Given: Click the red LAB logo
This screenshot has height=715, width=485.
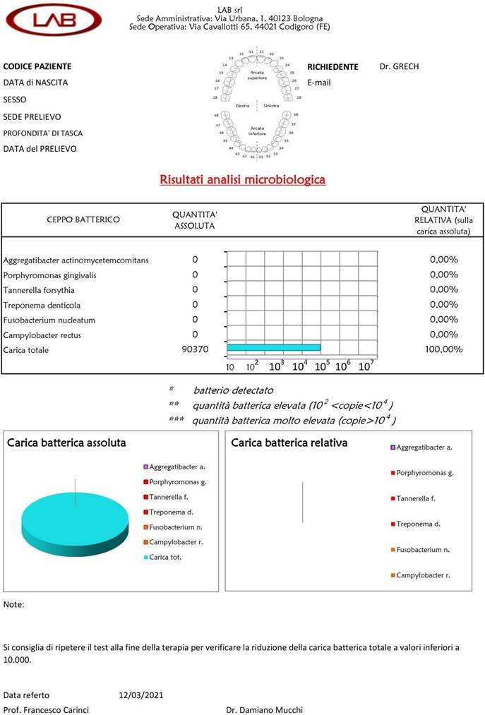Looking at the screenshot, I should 54,19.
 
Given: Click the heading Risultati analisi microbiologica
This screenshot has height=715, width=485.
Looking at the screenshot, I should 242,179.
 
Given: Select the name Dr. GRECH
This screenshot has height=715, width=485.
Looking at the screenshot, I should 399,66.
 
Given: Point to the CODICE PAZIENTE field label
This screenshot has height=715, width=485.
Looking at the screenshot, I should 37,66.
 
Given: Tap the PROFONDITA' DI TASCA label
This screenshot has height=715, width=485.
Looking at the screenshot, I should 43,133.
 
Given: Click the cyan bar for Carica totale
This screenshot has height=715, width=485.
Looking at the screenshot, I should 273,347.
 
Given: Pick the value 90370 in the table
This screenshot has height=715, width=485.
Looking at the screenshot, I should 195,349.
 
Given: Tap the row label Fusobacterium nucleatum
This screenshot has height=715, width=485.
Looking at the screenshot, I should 49,320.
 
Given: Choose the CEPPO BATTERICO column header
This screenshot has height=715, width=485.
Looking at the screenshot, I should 83,220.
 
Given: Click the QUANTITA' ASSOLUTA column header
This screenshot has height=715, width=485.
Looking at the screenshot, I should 194,220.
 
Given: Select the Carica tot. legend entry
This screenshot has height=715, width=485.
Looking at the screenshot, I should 164,557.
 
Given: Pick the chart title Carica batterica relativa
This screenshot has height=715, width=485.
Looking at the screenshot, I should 289,443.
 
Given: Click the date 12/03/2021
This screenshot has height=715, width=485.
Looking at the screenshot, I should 141,695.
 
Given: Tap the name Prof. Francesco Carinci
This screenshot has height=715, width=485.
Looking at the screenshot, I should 46,710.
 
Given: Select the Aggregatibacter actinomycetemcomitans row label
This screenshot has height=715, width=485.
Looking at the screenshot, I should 76,260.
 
